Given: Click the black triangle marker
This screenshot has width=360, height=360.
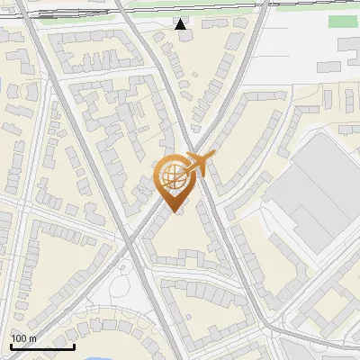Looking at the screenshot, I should point(181,24).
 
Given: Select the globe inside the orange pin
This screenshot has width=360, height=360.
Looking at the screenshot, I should point(172,175).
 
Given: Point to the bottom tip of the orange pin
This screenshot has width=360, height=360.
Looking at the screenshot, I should point(174,211).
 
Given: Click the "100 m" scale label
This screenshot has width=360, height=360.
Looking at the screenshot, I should point(23,338).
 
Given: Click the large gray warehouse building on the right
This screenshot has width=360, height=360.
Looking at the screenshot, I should point(315,189).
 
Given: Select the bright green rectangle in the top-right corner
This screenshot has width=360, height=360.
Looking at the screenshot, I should point(342,22).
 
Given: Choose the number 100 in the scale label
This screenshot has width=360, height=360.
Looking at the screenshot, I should point(19,338).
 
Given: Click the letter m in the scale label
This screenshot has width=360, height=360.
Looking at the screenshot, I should point(32,339).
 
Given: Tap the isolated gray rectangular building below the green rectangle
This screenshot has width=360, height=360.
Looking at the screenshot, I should point(348,46).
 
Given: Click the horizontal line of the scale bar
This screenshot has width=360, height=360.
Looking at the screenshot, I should point(42,346).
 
